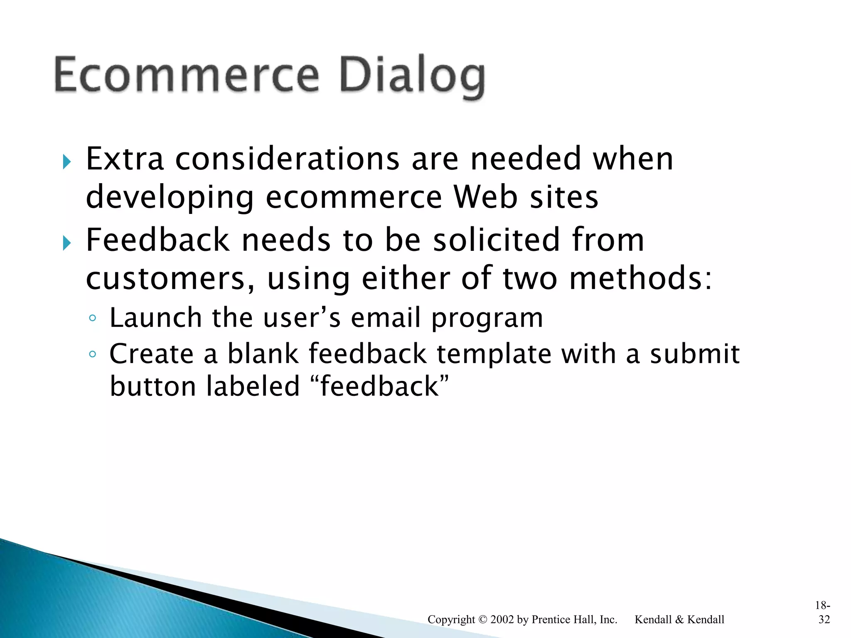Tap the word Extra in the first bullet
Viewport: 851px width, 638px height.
125,159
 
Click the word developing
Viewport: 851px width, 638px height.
170,198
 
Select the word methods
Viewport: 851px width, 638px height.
640,278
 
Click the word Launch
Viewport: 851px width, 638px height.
155,318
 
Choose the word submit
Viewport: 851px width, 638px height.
695,354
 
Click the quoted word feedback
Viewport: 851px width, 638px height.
379,386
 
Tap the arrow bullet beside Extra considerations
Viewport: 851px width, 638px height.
66,162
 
